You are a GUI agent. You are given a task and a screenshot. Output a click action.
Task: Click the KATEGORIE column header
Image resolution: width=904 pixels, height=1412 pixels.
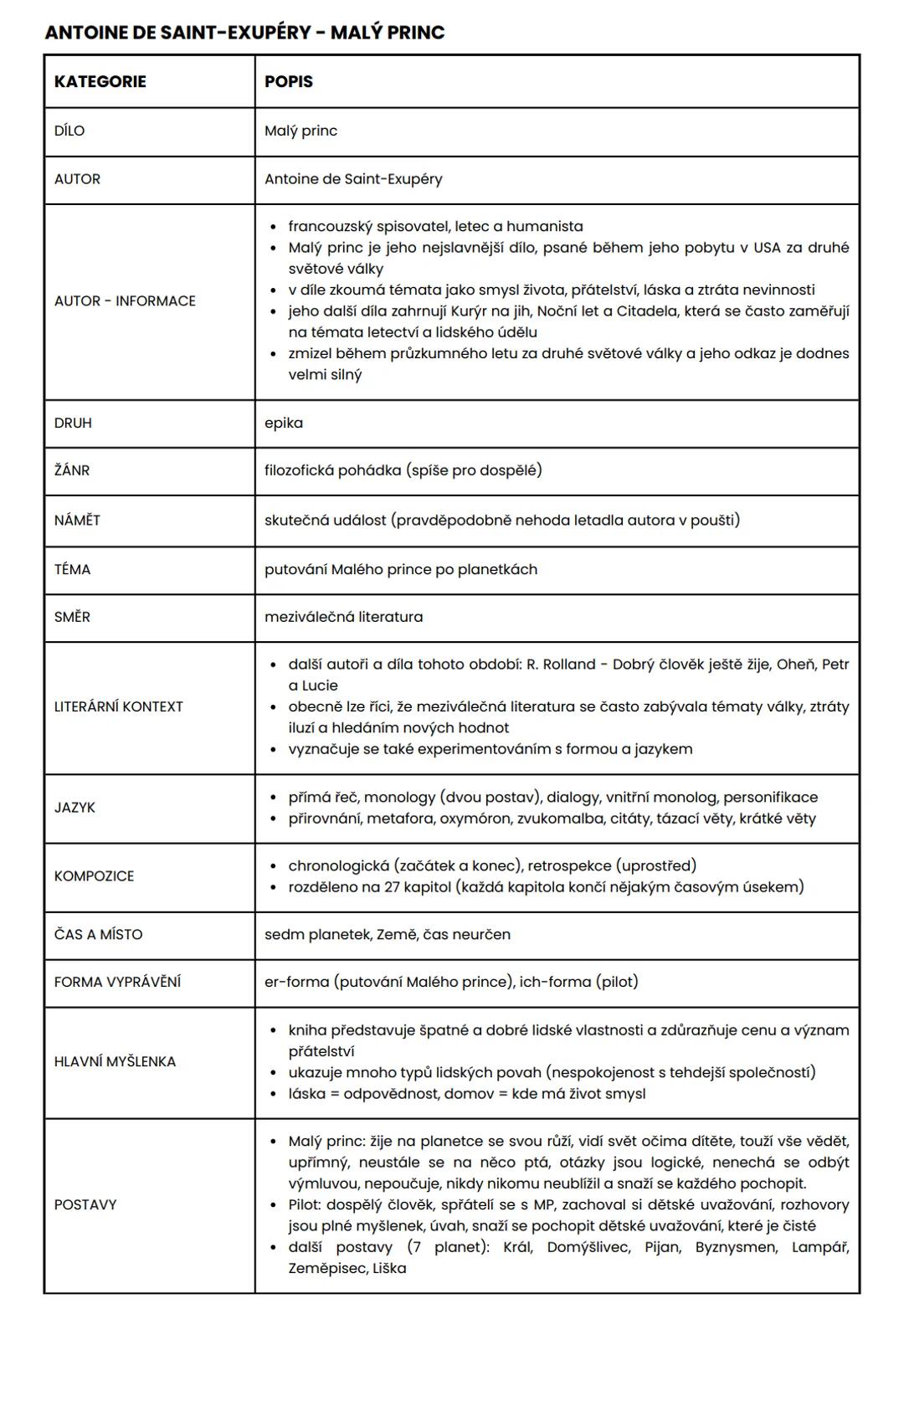click(100, 81)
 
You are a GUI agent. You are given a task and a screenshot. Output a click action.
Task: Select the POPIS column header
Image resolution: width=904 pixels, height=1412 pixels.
click(289, 81)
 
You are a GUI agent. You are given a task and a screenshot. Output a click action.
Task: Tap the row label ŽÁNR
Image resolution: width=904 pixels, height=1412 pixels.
click(72, 470)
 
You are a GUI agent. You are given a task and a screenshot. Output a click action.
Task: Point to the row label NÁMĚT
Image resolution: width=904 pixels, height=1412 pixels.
click(77, 520)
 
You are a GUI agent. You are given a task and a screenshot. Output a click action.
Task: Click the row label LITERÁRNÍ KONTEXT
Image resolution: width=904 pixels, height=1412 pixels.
click(118, 706)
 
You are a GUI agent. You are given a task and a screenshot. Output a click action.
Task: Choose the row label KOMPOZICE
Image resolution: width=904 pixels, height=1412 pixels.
click(94, 875)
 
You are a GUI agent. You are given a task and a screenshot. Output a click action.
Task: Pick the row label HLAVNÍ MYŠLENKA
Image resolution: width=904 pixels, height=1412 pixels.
click(115, 1061)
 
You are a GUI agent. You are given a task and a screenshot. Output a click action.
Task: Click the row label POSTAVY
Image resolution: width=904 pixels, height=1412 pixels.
click(85, 1204)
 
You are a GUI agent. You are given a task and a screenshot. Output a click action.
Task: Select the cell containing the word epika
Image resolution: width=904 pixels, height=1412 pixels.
click(284, 423)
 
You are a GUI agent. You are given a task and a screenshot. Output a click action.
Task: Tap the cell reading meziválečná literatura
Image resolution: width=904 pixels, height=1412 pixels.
click(343, 617)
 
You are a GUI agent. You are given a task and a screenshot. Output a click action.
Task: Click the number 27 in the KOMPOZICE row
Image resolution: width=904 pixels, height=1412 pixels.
click(393, 886)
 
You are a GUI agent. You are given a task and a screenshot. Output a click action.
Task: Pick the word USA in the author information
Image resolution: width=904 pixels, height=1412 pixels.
click(767, 248)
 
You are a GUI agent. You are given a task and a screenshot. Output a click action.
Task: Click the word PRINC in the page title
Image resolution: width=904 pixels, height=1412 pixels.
click(416, 33)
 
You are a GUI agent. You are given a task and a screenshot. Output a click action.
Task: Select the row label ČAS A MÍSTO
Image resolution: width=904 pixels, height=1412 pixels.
click(98, 934)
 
